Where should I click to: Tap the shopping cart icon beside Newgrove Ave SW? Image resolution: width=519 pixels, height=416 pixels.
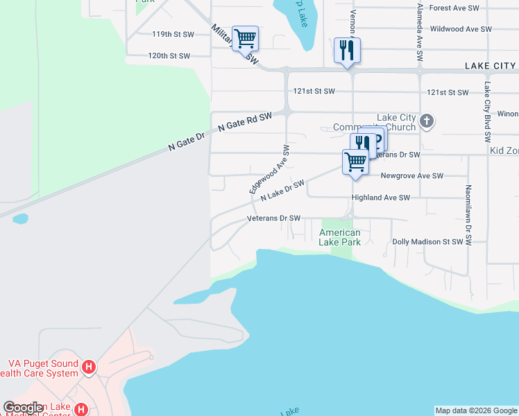click(x=355, y=162)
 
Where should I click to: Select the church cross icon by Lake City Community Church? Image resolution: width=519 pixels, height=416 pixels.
click(x=426, y=122)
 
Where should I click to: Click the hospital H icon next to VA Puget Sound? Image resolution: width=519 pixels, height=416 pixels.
click(x=88, y=367)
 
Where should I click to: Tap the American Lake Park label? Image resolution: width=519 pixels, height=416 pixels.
click(x=339, y=238)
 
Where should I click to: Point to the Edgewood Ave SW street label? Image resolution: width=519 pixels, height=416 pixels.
click(x=269, y=169)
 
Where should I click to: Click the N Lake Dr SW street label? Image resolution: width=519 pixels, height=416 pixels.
click(x=282, y=191)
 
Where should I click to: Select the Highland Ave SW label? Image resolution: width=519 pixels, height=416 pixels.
click(x=381, y=198)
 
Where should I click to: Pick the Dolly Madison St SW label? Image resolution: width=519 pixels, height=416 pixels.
click(x=427, y=242)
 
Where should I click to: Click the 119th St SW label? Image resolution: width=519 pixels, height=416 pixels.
click(x=171, y=33)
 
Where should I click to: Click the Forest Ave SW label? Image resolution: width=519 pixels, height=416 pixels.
click(x=454, y=8)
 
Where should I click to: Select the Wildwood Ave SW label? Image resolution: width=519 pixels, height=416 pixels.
click(x=461, y=29)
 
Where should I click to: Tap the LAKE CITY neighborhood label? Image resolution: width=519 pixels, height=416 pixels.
click(x=490, y=66)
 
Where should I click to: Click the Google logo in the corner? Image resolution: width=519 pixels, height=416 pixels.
click(x=23, y=408)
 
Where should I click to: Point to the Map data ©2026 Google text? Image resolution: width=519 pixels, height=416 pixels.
click(x=476, y=410)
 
